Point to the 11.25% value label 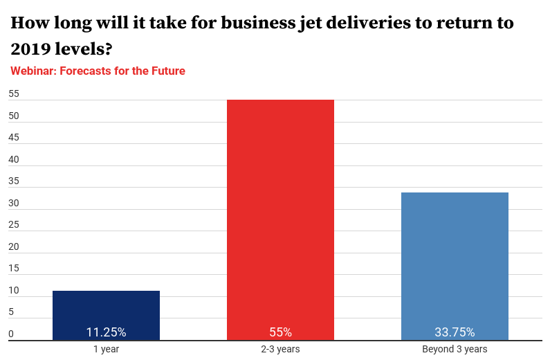coord(106,332)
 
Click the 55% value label coord(280,332)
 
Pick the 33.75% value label coord(455,332)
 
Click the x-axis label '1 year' coord(106,349)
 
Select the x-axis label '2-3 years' coord(280,349)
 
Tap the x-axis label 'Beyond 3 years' coord(455,349)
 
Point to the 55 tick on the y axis coord(14,94)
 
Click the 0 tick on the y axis coord(11,334)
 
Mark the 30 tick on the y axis coord(14,204)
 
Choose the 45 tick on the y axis coord(14,138)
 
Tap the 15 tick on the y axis coord(14,269)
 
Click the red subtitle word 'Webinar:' coord(33,71)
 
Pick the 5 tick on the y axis coord(11,312)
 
